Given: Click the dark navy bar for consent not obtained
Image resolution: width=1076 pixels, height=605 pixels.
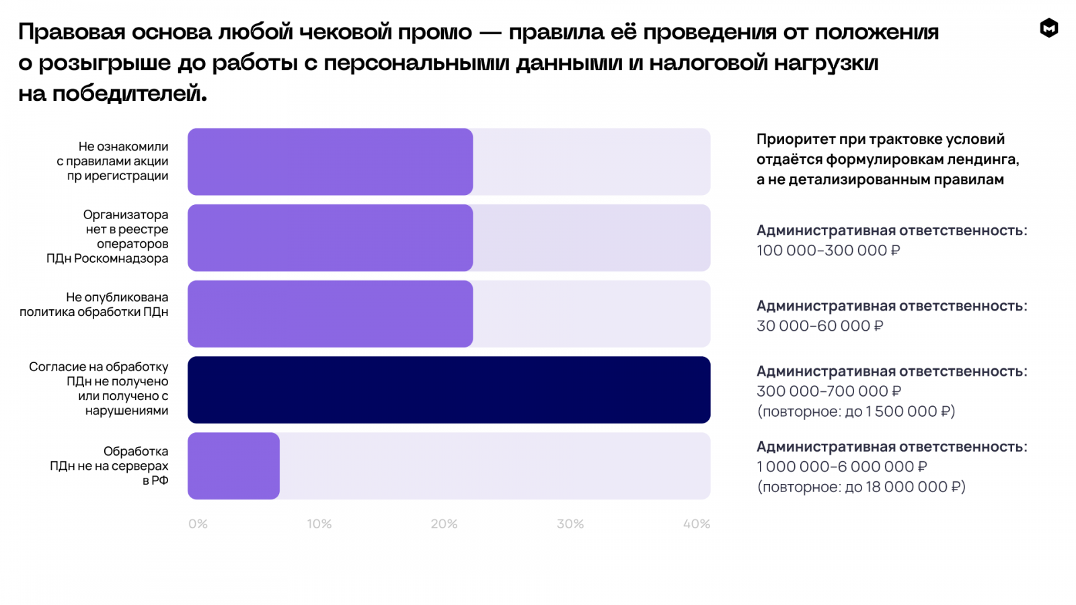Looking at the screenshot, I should click(449, 390).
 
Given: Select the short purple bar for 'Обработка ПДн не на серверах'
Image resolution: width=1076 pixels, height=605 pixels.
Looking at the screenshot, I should click(233, 466).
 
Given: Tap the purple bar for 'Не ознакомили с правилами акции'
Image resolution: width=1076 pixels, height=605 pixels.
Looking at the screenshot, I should click(330, 162).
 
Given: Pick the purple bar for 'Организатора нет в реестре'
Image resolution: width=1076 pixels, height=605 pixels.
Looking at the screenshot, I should click(330, 238).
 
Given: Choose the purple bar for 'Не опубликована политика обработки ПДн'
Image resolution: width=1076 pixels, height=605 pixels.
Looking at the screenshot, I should click(330, 314).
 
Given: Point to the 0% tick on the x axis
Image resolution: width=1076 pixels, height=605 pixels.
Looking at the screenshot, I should click(198, 524).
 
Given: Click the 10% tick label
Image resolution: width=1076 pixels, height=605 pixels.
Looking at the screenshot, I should click(319, 524).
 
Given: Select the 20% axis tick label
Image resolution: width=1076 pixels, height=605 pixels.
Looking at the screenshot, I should click(444, 524).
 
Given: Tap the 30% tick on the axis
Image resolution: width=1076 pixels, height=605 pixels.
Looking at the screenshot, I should click(570, 524).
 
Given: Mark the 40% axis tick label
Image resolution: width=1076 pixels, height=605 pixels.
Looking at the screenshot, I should click(697, 524).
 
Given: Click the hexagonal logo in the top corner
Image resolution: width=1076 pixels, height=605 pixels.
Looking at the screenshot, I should click(1049, 28).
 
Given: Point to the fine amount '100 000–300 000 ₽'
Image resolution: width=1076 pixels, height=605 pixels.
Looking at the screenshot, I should click(828, 251).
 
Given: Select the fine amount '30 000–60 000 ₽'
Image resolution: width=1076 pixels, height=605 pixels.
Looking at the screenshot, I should click(820, 326).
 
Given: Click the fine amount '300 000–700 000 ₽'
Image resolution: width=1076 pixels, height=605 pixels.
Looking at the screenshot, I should click(829, 391).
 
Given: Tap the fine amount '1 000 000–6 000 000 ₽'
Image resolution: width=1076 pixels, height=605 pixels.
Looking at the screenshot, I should click(841, 467).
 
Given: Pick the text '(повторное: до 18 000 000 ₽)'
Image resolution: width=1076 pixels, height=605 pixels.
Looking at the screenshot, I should click(861, 487).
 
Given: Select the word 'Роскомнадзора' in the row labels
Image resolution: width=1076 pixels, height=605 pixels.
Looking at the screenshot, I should click(121, 259).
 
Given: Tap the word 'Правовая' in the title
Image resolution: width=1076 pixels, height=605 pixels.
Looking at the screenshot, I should click(72, 32).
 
